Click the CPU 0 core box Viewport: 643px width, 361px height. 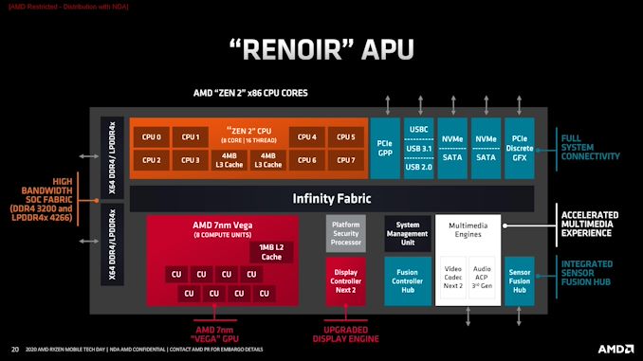(x=152, y=137)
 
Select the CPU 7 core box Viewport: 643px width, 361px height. (x=345, y=160)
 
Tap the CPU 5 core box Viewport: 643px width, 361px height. (x=345, y=137)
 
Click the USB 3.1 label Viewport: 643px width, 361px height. (x=417, y=147)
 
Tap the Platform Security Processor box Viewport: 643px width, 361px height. (x=344, y=232)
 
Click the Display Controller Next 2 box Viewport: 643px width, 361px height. (x=344, y=279)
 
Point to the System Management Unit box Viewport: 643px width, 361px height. (x=406, y=232)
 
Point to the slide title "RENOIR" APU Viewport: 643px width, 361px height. (x=321, y=47)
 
